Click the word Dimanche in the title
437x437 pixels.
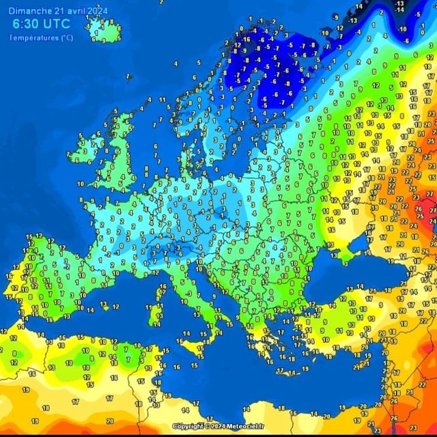tap(33, 10)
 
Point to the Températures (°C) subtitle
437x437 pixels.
tap(41, 38)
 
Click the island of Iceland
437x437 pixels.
tap(104, 29)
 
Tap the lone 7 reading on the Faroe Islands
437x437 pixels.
tap(128, 76)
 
